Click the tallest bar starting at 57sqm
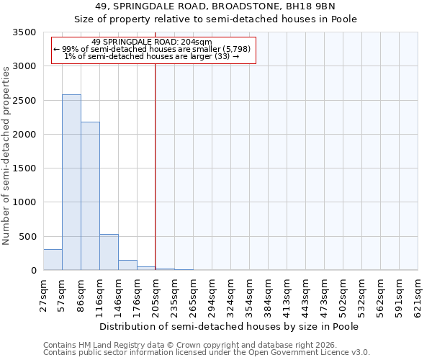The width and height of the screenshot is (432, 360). pos(71,182)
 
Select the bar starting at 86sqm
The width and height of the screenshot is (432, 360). pos(90,196)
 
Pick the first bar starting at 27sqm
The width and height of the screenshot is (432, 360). pos(53,260)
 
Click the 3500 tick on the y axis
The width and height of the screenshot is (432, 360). pos(27,33)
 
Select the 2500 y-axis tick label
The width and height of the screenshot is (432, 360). pos(27,101)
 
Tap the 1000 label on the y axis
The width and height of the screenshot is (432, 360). pos(27,203)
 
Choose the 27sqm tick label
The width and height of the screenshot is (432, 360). pos(43,292)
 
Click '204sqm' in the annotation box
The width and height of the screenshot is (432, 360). pos(197,42)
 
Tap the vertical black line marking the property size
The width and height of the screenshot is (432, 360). pos(156,180)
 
